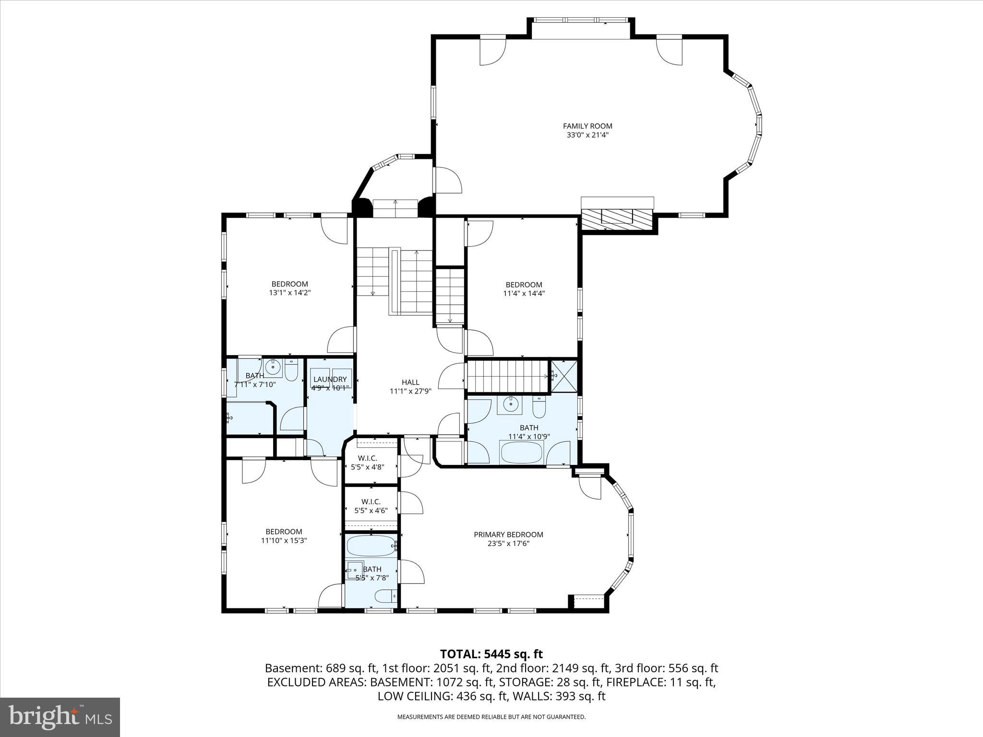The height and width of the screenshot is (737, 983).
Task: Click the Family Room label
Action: coord(587,126)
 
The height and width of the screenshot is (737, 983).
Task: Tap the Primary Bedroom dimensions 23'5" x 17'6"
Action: coord(508,544)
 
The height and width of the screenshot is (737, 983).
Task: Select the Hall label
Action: coord(410,382)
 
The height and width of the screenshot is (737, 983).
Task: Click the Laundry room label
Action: coord(330,379)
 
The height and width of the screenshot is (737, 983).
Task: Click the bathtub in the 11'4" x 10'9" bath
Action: coord(521,452)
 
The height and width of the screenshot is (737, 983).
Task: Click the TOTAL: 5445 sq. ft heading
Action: coord(491,654)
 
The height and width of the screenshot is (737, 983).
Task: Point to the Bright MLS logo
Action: coord(60,717)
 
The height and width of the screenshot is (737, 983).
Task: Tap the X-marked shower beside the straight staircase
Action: coord(563,376)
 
